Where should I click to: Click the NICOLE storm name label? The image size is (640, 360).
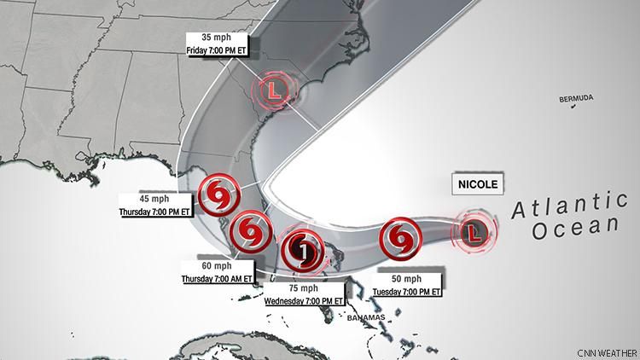coord(476,184)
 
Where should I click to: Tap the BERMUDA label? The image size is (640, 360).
coord(576,100)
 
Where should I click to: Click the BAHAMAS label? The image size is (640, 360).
coord(365,317)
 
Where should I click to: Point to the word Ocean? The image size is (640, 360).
coord(573,228)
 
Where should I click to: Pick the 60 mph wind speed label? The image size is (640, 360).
coord(217,266)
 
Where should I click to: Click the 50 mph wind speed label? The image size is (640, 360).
coord(407,280)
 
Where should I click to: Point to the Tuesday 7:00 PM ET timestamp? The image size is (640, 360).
coord(407,292)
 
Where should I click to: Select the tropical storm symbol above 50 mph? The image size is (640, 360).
coord(399,238)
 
